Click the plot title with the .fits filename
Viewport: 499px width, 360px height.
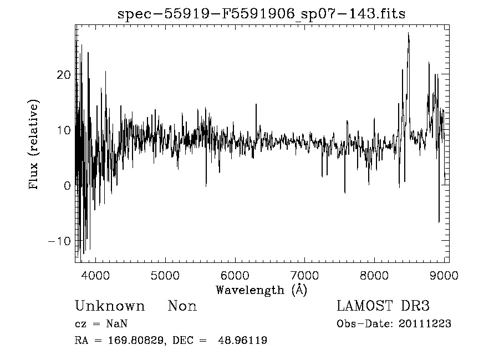click(x=262, y=14)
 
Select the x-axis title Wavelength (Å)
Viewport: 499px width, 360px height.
click(x=261, y=290)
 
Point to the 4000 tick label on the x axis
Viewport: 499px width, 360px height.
click(x=96, y=274)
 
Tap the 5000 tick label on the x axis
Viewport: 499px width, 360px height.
click(x=165, y=274)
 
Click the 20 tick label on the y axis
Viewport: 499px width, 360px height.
click(x=64, y=75)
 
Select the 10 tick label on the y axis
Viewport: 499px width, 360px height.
click(x=64, y=130)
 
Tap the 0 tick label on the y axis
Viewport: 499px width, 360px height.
click(x=67, y=186)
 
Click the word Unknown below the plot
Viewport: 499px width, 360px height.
click(x=110, y=306)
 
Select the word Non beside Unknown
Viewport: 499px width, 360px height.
click(x=182, y=306)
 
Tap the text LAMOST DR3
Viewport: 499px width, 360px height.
click(x=383, y=306)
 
